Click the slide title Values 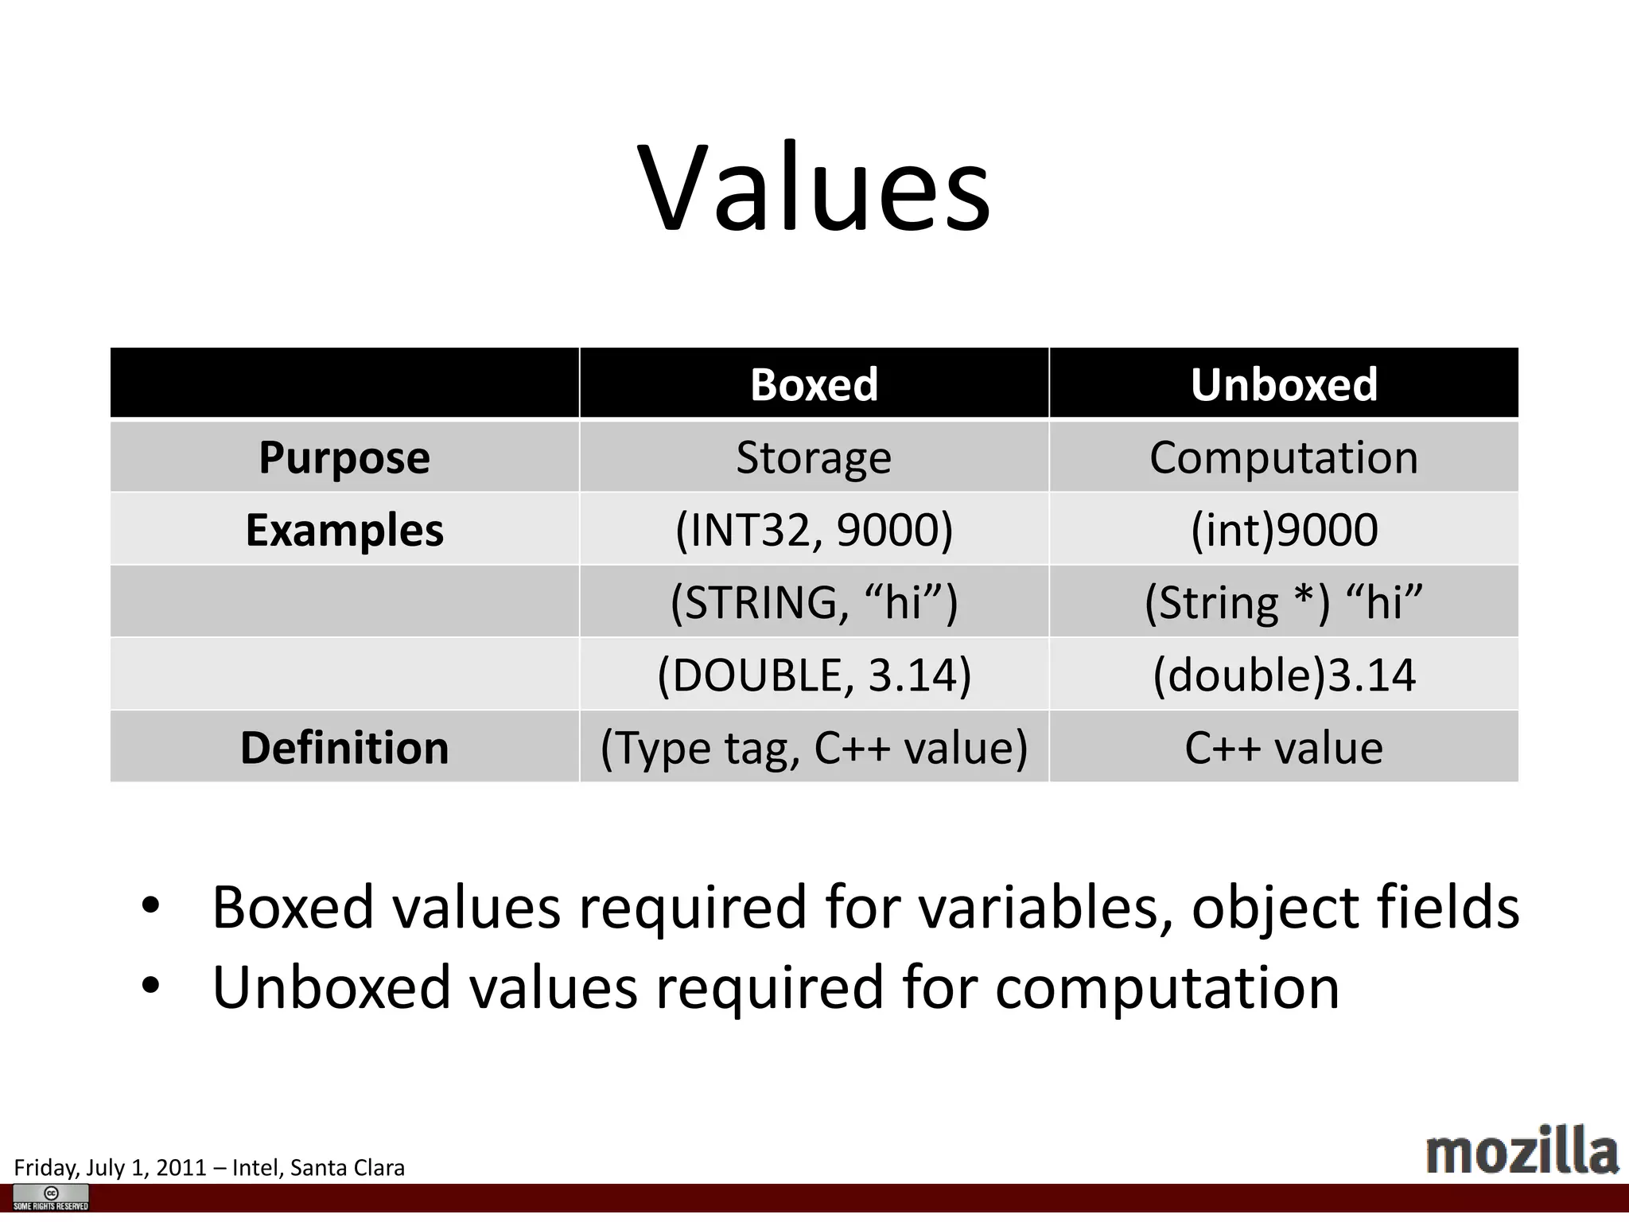point(814,188)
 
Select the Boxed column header point(814,384)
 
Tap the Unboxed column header point(1284,384)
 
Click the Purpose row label point(344,457)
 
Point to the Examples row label point(344,530)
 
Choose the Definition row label point(344,748)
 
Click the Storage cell point(814,457)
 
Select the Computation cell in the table point(1284,457)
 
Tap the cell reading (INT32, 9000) point(814,530)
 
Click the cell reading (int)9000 point(1284,530)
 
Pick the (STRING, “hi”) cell point(814,602)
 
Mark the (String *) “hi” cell point(1284,602)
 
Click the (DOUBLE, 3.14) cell point(814,675)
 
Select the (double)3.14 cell point(1284,675)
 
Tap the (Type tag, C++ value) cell point(814,748)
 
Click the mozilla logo point(1522,1151)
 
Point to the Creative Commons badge point(51,1197)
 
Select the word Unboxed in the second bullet point(332,987)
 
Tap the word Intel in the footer point(253,1167)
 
